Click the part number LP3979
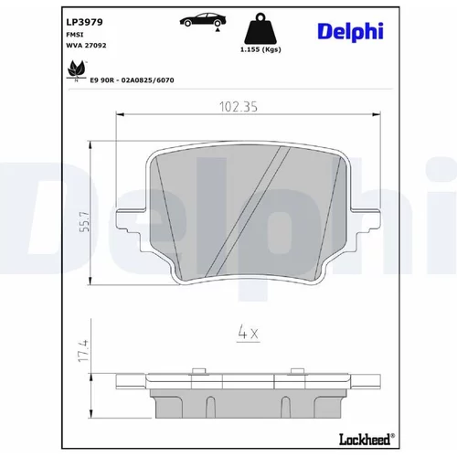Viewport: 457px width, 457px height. [84, 22]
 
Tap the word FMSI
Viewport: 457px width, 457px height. [75, 35]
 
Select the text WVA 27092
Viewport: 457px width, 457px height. [86, 46]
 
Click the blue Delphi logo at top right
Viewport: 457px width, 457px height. [350, 32]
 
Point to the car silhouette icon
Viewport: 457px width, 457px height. [203, 21]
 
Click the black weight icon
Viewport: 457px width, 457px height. [260, 28]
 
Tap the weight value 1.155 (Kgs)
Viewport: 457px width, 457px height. [260, 49]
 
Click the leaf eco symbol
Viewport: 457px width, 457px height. [76, 70]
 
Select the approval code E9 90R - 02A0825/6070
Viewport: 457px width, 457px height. [132, 80]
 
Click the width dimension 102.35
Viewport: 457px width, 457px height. [239, 107]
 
